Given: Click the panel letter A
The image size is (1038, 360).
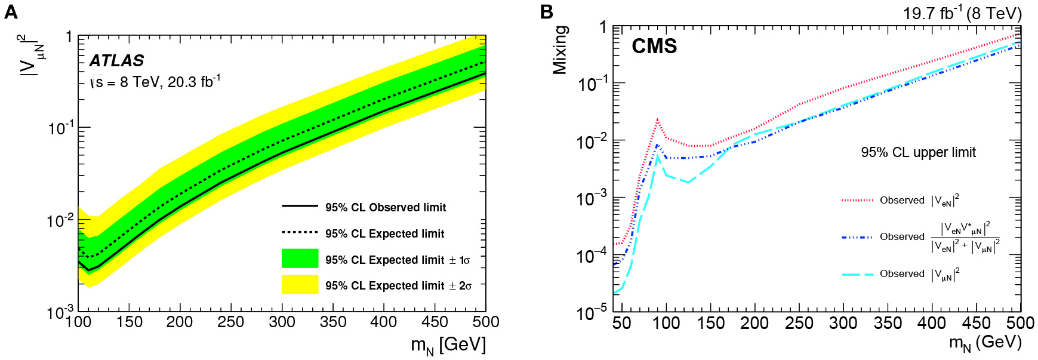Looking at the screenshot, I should [10, 11].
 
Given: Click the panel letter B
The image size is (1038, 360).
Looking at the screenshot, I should [546, 11].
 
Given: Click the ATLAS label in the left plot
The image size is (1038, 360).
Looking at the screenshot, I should [117, 60].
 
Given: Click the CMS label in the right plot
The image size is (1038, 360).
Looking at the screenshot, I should [654, 46].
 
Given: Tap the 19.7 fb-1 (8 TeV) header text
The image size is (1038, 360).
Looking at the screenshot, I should [962, 13].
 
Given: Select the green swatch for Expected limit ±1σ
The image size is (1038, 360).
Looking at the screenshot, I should [300, 259].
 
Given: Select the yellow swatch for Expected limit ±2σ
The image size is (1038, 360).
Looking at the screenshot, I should [300, 284].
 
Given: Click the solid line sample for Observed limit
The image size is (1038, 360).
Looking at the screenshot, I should [300, 206].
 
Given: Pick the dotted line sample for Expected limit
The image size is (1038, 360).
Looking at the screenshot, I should [300, 232].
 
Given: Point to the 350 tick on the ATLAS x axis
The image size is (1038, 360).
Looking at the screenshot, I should [333, 322].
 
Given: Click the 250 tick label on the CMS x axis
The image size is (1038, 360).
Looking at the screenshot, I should [799, 323].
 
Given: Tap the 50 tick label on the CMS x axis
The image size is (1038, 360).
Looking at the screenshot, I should [621, 323].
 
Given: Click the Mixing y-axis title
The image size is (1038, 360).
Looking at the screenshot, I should [560, 50].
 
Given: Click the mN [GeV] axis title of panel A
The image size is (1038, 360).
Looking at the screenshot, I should [448, 345].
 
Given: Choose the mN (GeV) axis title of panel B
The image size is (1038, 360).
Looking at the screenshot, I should [985, 343].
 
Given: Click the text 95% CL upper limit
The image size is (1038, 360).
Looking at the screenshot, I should [918, 152].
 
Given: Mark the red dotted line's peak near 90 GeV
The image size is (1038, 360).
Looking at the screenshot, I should [657, 120].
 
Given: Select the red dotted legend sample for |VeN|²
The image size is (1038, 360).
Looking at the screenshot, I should [857, 201].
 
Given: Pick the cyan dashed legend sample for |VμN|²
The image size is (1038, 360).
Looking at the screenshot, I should [857, 274].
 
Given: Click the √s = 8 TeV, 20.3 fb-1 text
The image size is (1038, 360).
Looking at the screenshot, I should [155, 82].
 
